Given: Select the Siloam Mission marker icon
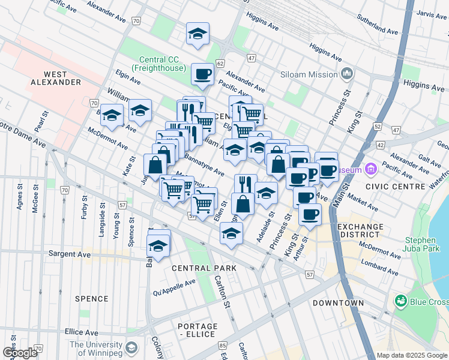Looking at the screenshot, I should pyautogui.click(x=347, y=74).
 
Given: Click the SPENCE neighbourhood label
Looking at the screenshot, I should pyautogui.click(x=92, y=298).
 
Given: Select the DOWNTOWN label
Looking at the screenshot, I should pyautogui.click(x=338, y=303).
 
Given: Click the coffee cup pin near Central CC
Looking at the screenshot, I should pyautogui.click(x=202, y=75).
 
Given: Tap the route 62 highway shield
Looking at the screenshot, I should pyautogui.click(x=220, y=63).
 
